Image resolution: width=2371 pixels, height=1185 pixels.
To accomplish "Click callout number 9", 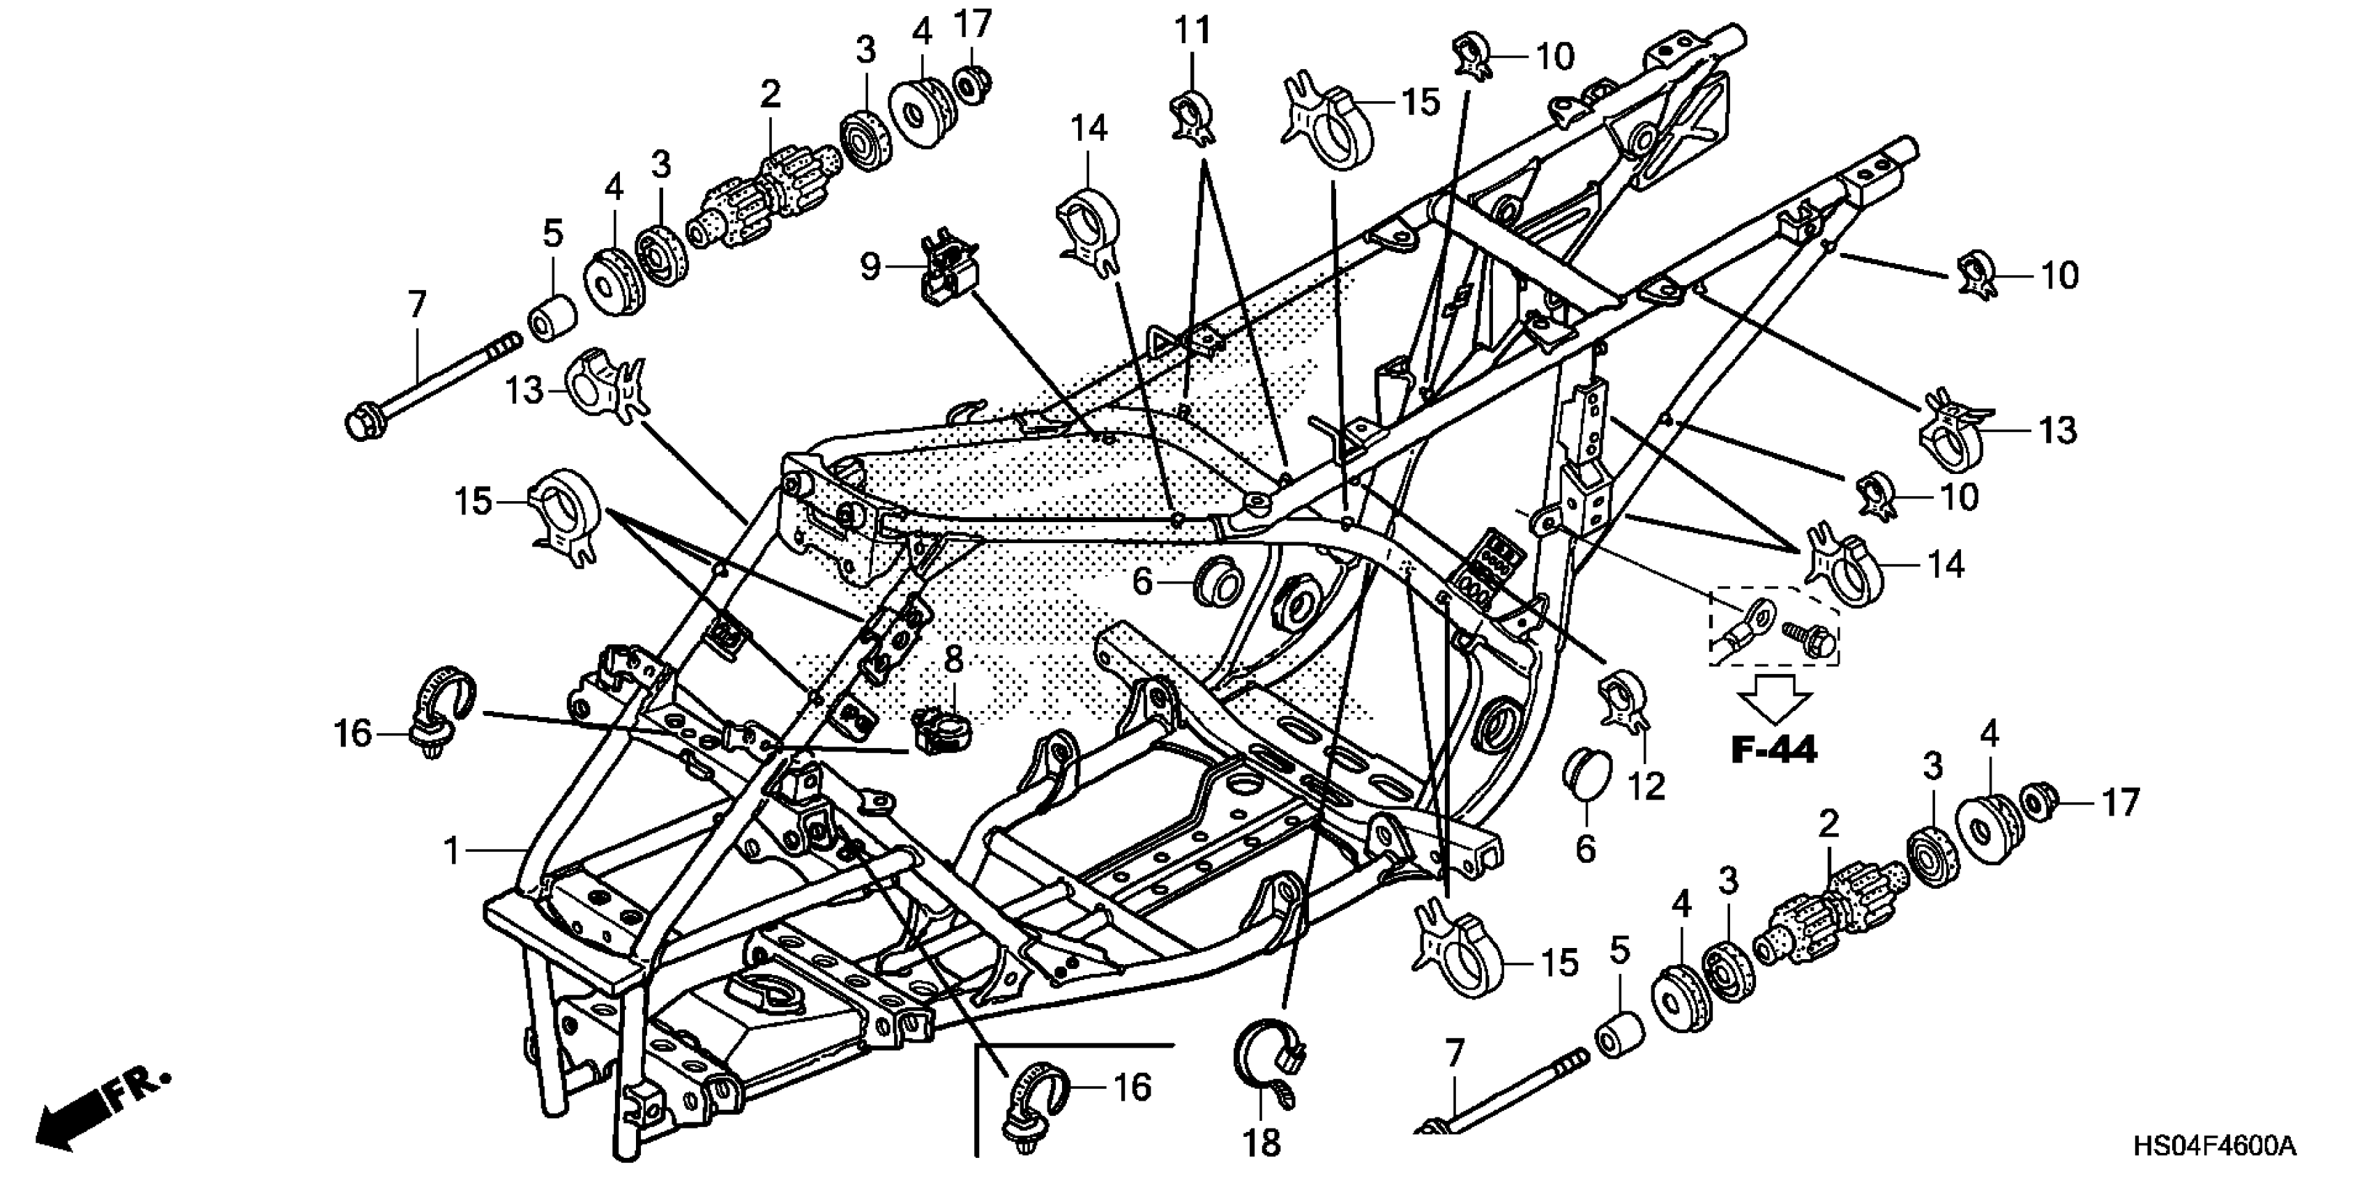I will (x=870, y=267).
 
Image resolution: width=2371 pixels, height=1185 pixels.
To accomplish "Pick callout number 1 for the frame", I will (x=451, y=851).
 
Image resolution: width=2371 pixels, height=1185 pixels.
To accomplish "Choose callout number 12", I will (x=1646, y=786).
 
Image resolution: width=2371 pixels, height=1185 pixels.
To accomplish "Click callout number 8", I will (x=953, y=659).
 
